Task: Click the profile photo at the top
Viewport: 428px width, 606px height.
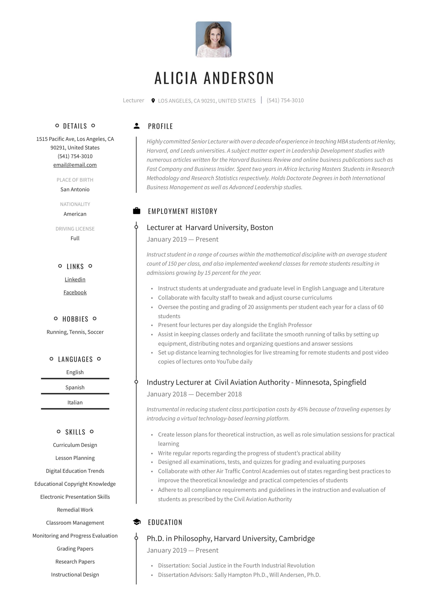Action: click(x=213, y=39)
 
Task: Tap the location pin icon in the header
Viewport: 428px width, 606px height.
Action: click(x=153, y=101)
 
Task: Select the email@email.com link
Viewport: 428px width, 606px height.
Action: click(x=75, y=165)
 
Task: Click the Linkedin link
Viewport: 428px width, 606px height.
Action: click(x=75, y=279)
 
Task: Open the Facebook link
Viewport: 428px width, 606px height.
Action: click(x=75, y=292)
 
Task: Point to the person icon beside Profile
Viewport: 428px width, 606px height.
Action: click(x=137, y=126)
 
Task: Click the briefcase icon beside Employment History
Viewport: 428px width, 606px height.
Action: click(x=137, y=211)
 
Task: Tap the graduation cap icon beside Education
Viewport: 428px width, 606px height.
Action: click(x=137, y=522)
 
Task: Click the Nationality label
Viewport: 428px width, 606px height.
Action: click(x=75, y=204)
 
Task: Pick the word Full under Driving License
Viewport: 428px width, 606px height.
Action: click(x=75, y=238)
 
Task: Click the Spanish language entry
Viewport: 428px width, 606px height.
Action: click(x=75, y=387)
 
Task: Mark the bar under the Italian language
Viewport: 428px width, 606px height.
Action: click(x=75, y=409)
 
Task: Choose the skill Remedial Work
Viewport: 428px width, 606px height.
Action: click(x=75, y=510)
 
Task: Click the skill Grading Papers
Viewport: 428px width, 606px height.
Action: click(x=75, y=548)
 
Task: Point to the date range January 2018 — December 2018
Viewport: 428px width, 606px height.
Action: click(x=194, y=394)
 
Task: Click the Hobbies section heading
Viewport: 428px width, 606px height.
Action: click(x=75, y=319)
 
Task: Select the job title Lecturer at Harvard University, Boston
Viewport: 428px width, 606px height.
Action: click(x=210, y=227)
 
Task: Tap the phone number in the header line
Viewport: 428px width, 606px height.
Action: click(x=285, y=100)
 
